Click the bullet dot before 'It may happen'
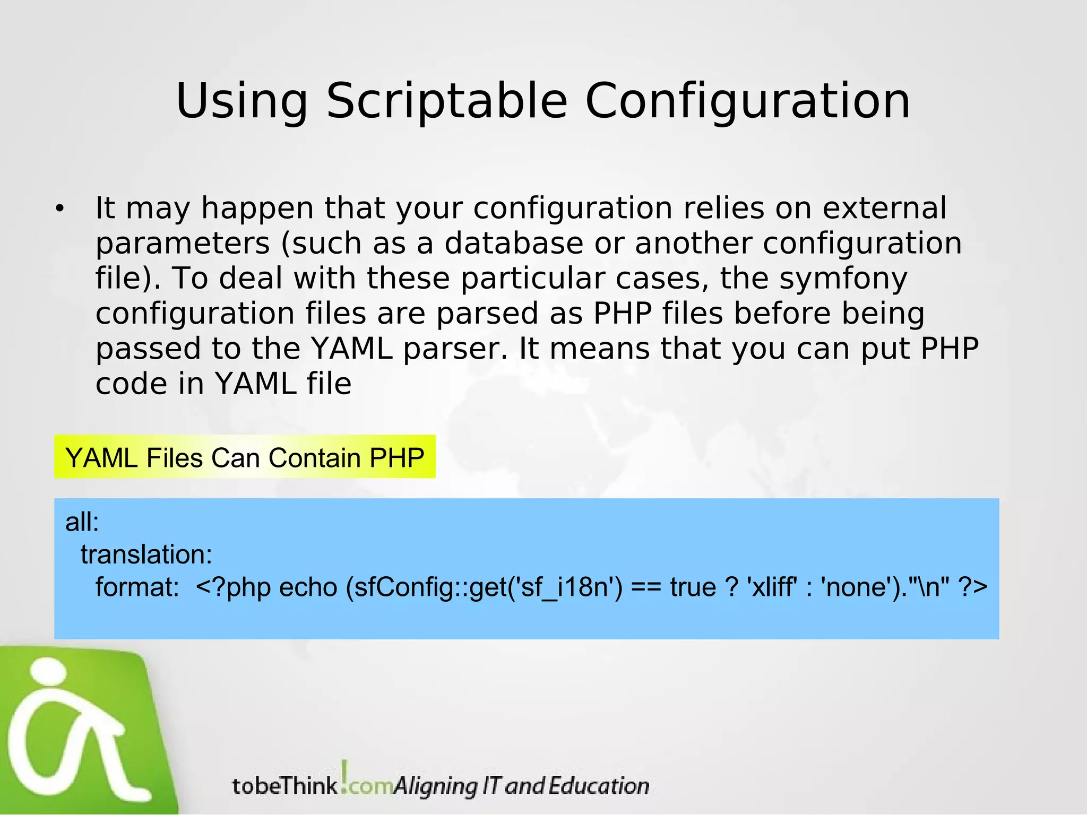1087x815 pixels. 59,209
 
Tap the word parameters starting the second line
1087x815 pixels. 183,244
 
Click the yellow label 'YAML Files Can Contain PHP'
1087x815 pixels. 245,457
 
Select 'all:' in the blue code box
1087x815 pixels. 82,522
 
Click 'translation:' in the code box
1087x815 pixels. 146,555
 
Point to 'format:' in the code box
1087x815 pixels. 137,587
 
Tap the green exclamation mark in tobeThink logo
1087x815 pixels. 345,774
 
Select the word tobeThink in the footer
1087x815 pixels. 285,786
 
